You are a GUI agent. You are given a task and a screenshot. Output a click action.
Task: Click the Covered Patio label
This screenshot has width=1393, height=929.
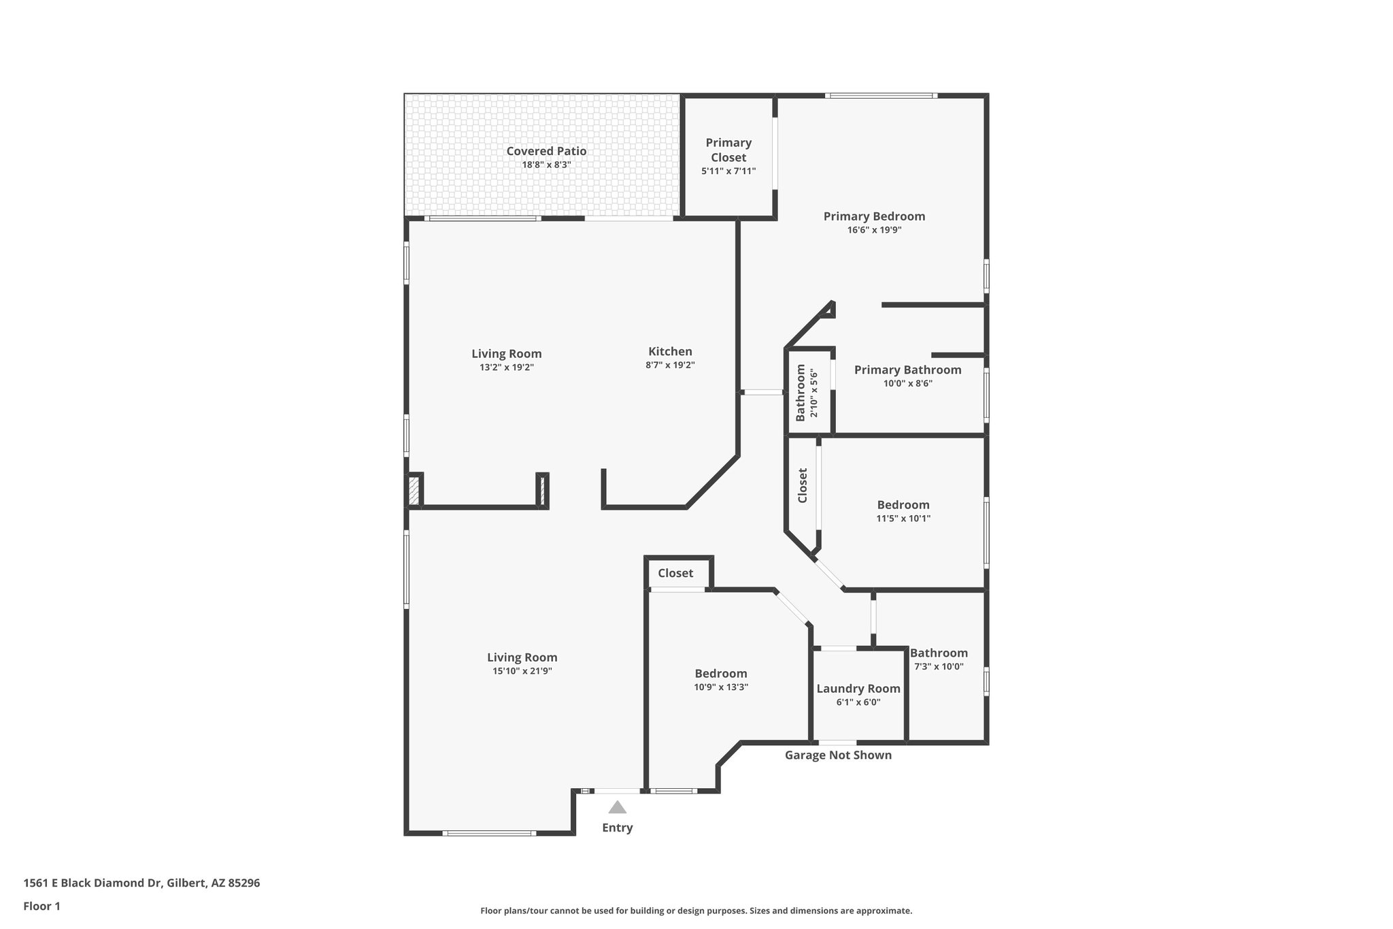click(546, 151)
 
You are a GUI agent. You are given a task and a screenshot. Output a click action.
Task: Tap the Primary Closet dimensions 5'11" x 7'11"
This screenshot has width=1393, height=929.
click(728, 172)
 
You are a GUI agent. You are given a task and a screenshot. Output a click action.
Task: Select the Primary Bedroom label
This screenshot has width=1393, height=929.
click(874, 216)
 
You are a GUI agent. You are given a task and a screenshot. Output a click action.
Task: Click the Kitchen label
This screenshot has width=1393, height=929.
click(670, 352)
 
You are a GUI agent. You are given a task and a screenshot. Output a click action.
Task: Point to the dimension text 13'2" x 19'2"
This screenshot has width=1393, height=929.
click(507, 368)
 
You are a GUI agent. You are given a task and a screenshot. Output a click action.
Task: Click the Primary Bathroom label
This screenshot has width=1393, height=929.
click(907, 370)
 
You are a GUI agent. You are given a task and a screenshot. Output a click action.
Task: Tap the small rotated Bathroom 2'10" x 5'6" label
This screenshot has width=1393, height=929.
click(806, 393)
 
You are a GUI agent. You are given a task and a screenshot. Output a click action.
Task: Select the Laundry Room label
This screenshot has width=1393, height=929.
click(858, 689)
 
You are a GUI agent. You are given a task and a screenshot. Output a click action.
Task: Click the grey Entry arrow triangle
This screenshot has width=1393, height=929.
click(617, 808)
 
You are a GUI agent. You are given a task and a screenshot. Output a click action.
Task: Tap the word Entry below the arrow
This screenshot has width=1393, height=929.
click(617, 828)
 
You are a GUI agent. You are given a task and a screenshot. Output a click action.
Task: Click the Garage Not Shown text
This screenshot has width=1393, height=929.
click(838, 755)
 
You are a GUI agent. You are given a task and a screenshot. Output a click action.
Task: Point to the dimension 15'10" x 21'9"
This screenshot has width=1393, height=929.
click(522, 671)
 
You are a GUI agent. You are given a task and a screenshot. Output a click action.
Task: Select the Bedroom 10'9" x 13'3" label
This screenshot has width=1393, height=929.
click(721, 674)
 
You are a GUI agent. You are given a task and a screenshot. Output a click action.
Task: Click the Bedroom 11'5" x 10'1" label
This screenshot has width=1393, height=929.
click(903, 505)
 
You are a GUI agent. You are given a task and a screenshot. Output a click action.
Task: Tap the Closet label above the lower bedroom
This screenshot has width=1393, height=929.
click(675, 573)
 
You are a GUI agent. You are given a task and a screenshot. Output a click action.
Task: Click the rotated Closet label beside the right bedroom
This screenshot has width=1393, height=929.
click(803, 485)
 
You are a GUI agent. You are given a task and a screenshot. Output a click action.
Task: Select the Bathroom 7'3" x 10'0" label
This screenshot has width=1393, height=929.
click(939, 653)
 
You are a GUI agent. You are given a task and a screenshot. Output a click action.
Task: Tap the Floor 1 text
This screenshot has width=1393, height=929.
click(41, 906)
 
